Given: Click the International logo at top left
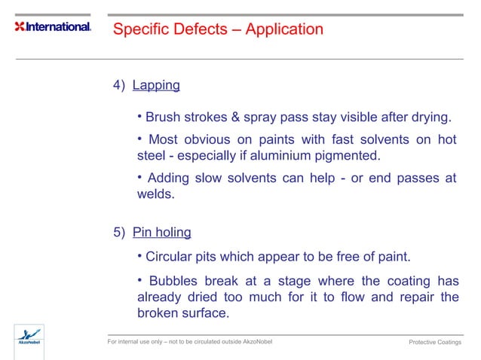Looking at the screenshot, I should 52,27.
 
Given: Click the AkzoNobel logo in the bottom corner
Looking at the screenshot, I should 29,337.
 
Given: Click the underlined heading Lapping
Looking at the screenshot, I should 156,85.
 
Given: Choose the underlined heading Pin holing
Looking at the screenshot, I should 161,231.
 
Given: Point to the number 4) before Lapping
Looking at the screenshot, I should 119,85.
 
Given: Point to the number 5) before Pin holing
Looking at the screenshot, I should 119,231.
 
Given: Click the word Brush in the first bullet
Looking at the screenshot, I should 162,117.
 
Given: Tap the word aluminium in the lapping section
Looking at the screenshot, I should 282,156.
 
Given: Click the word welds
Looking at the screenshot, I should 155,194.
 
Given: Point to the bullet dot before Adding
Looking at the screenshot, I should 139,177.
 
